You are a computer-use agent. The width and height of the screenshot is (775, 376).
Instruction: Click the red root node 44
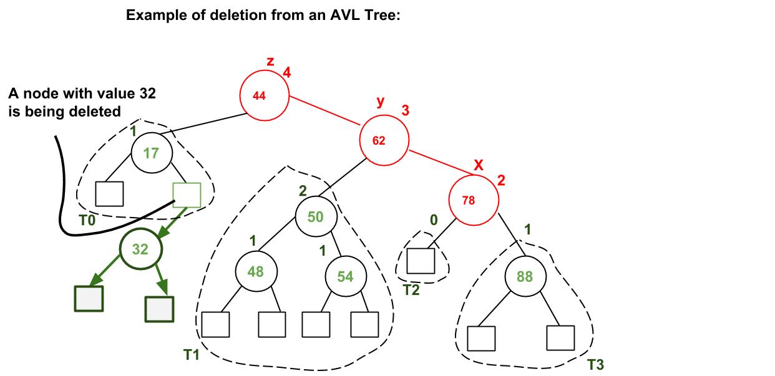[x=265, y=95]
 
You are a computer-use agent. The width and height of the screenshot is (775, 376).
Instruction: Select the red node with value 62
[x=384, y=140]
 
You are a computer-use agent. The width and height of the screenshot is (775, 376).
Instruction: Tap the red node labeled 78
[x=474, y=200]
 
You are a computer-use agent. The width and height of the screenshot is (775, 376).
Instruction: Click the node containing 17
[x=152, y=152]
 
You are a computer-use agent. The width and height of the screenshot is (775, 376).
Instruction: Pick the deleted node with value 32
[x=140, y=249]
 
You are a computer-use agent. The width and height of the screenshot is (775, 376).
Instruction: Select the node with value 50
[x=316, y=216]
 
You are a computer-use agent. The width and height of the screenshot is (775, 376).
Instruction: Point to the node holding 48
[x=256, y=272]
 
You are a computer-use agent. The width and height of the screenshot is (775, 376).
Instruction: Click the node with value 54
[x=345, y=276]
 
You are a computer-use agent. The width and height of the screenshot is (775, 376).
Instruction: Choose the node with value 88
[x=525, y=276]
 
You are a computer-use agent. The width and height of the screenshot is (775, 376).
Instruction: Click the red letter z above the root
[x=270, y=62]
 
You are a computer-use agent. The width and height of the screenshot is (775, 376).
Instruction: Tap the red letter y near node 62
[x=379, y=102]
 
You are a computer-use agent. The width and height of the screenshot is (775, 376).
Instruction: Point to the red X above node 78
[x=479, y=165]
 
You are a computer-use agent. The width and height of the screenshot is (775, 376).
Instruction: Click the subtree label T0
[x=87, y=220]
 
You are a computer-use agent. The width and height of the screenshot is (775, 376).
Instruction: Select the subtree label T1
[x=191, y=355]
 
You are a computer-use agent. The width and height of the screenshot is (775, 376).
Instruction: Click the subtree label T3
[x=596, y=365]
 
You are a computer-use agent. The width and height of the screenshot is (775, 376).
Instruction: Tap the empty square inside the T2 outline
[x=421, y=261]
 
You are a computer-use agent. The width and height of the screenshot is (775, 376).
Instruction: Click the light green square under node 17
[x=187, y=194]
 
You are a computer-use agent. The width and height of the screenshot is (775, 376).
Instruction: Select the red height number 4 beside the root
[x=286, y=72]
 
